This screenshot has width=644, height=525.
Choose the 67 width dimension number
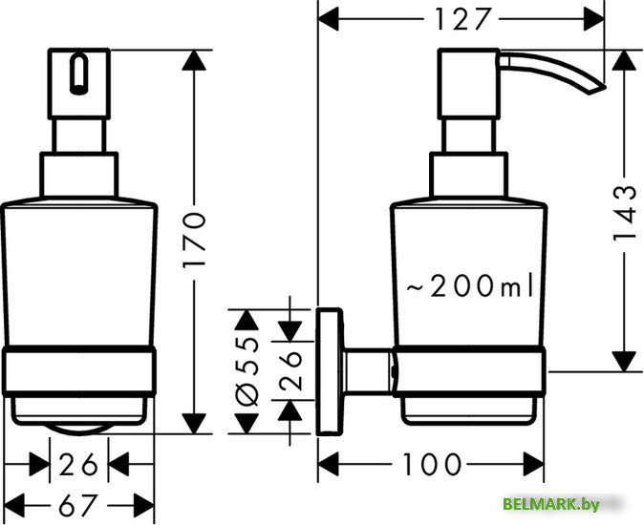77,503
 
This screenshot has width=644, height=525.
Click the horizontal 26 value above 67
77,465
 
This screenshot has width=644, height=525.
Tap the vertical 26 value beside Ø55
290,367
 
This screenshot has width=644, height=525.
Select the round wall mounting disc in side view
332,372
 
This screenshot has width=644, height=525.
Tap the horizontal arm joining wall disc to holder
369,372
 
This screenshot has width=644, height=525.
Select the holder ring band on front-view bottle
77,370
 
